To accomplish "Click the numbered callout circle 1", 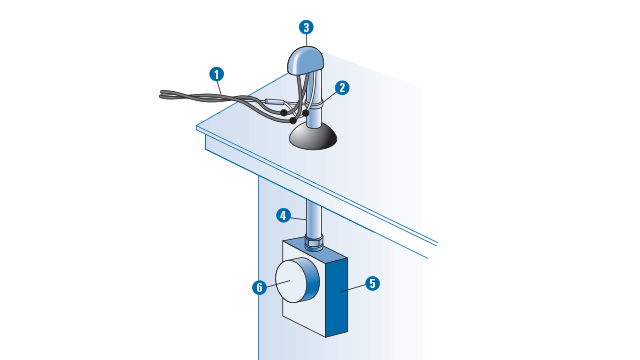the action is [217, 74].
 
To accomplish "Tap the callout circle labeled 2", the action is [342, 88].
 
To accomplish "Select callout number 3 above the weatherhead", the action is [306, 27].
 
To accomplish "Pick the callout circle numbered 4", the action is [283, 216].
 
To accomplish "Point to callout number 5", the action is [372, 284].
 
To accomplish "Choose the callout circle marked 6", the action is [260, 288].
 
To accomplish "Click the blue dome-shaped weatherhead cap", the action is [306, 61].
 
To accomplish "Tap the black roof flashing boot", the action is [313, 137].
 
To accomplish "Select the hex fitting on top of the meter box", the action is [314, 242].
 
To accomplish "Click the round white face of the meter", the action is [291, 281].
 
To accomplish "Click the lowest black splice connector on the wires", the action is [293, 120].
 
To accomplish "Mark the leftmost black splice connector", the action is [283, 112].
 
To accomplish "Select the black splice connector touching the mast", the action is [306, 113].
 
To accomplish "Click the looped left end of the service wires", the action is [163, 95].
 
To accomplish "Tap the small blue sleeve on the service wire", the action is [273, 101].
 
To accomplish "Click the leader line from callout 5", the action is [353, 288].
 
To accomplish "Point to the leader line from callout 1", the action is [220, 88].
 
